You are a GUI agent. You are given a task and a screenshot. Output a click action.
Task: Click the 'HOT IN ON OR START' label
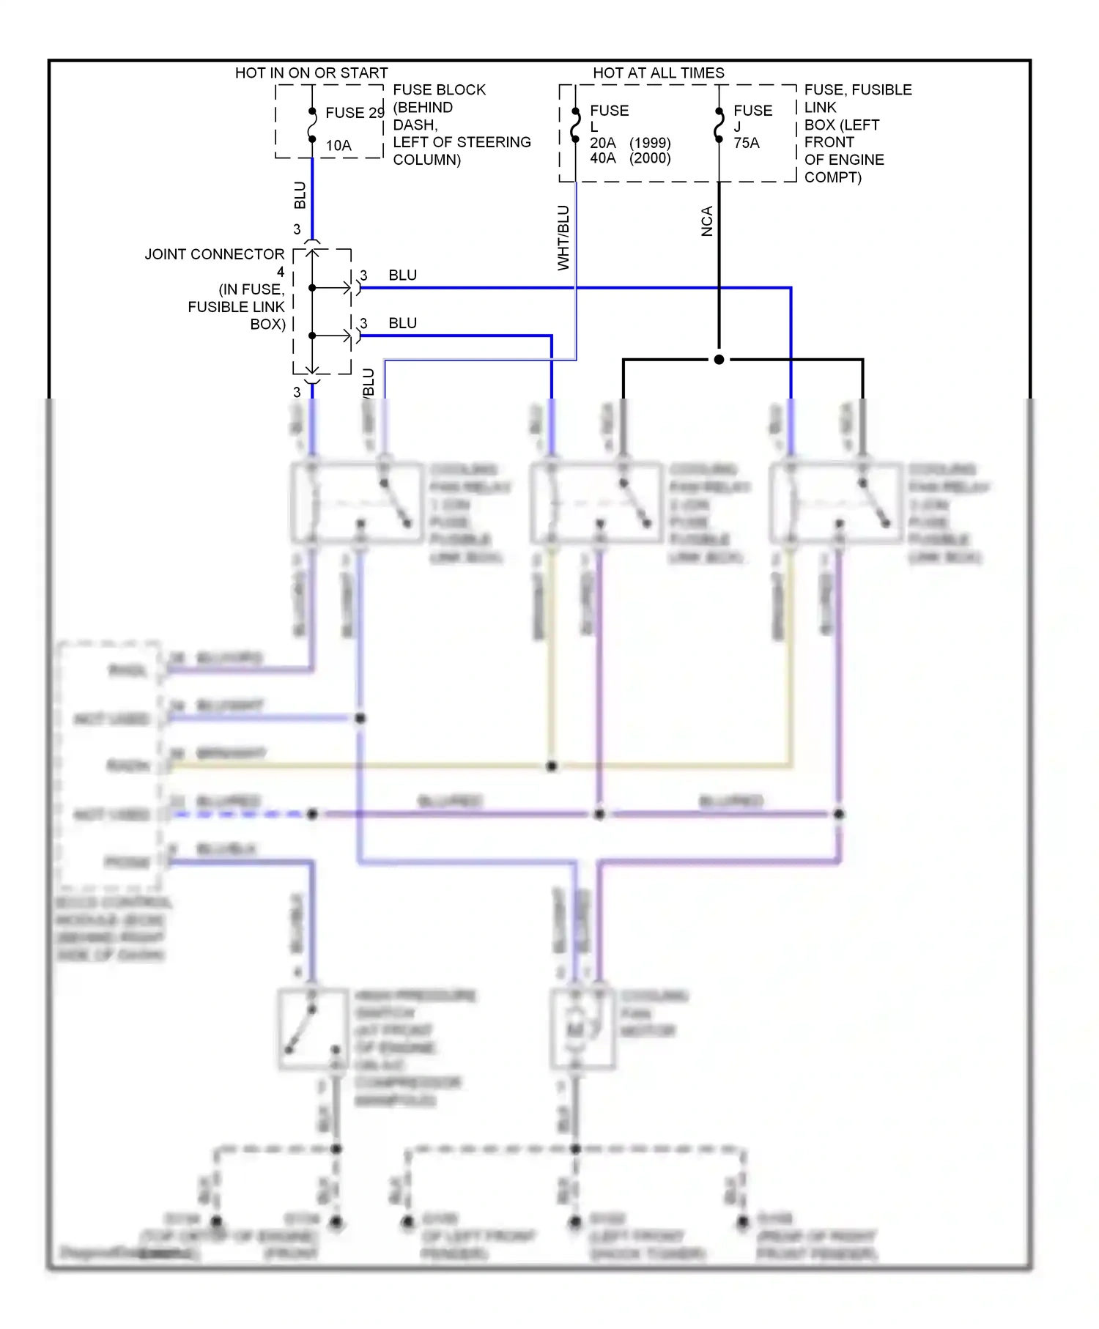tap(311, 73)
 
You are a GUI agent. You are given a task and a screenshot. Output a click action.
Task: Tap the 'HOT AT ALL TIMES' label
tap(658, 73)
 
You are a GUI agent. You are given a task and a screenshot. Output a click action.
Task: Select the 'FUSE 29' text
tap(355, 113)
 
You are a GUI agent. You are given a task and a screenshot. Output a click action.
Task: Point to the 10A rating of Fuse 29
tap(338, 146)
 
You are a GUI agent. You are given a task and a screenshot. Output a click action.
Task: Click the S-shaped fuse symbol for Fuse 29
tap(312, 125)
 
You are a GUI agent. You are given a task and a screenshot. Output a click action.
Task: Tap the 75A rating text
tap(747, 144)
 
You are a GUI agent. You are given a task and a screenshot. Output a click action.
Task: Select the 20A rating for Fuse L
tap(603, 144)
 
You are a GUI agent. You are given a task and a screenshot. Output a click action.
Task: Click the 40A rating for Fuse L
tap(603, 158)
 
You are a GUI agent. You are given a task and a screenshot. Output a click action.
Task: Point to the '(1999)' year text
tap(650, 144)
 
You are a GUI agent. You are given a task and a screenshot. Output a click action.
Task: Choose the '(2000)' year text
tap(650, 158)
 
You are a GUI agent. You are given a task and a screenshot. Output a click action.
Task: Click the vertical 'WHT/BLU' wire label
tap(563, 238)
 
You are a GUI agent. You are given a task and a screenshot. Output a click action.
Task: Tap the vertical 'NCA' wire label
tap(707, 221)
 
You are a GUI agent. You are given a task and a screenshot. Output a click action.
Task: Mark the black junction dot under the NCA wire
tap(719, 360)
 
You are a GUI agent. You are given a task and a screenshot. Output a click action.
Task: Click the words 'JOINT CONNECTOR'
tap(214, 255)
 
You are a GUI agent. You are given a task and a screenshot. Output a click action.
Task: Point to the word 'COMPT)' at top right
tap(832, 177)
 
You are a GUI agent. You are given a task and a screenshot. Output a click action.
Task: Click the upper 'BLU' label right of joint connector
tap(402, 275)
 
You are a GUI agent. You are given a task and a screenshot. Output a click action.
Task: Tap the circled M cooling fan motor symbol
tap(576, 1030)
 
